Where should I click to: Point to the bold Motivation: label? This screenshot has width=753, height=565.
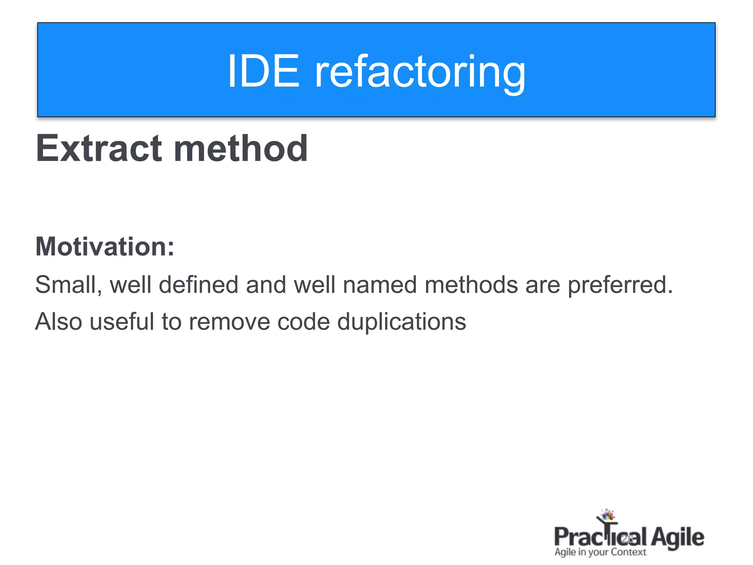point(105,246)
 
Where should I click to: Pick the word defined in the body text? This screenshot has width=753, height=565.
point(199,285)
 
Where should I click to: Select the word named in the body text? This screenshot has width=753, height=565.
point(380,285)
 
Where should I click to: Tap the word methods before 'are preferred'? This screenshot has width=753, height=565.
point(471,285)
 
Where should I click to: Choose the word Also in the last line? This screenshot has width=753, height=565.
point(58,322)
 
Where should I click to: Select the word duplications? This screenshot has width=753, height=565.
point(402,322)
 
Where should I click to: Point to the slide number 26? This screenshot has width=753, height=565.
point(627,539)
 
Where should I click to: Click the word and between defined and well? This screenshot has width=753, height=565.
point(266,285)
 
